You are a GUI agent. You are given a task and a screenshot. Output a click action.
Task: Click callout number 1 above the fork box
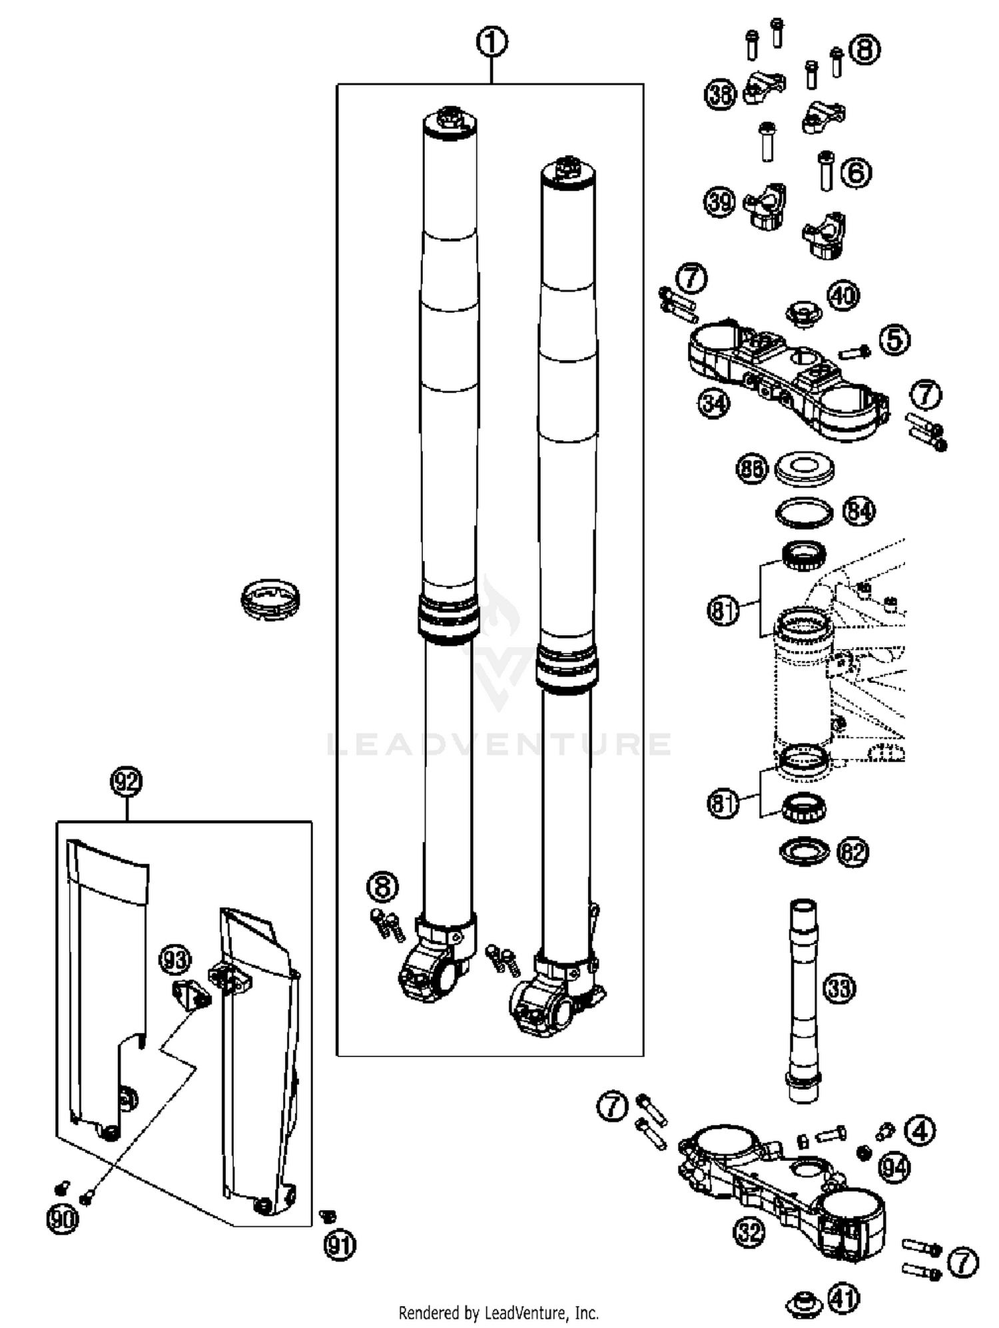492,43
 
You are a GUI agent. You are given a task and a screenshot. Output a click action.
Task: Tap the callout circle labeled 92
126,781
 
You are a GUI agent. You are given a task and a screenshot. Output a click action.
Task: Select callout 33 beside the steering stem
839,988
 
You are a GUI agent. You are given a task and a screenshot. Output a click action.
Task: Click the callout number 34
714,403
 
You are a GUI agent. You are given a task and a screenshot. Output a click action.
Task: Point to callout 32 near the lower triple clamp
749,1232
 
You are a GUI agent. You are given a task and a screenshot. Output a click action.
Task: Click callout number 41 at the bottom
844,1297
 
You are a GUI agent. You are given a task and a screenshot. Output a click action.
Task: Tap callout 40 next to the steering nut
843,295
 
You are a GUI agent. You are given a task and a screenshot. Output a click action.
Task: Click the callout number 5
894,339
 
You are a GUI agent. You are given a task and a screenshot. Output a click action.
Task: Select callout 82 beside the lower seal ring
853,852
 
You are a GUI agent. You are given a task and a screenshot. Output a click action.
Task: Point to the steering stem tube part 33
803,998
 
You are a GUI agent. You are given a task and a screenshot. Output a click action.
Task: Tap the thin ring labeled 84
805,513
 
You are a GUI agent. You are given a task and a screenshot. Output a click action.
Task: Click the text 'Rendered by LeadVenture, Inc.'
498,1313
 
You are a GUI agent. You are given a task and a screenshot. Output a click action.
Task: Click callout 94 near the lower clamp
894,1168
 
